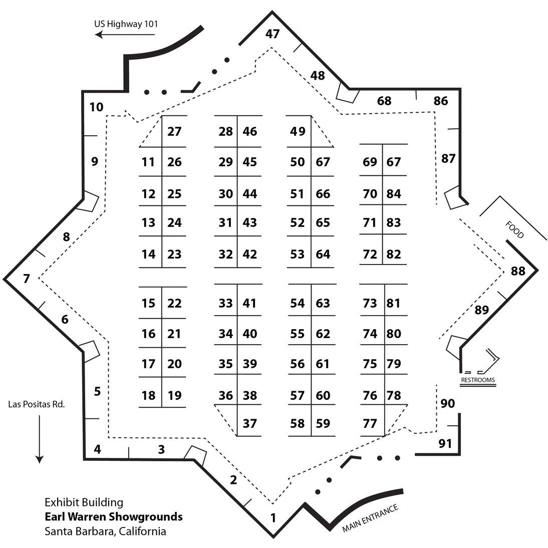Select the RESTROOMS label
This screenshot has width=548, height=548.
477,380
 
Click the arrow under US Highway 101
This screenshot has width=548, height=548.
125,35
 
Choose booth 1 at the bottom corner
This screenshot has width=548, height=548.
273,517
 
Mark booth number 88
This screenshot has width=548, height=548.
518,271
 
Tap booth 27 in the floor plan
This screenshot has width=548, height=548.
174,132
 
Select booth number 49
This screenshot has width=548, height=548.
298,132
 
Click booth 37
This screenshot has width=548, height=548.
249,424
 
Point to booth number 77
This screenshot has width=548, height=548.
370,424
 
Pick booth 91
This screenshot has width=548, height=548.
445,443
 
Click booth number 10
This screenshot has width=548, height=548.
96,107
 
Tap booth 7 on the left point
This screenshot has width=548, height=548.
27,279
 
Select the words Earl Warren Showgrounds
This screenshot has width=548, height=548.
114,516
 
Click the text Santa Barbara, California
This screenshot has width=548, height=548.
105,531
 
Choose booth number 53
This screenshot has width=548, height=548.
298,254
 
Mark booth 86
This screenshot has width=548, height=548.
441,101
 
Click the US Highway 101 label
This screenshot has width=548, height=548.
127,23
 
